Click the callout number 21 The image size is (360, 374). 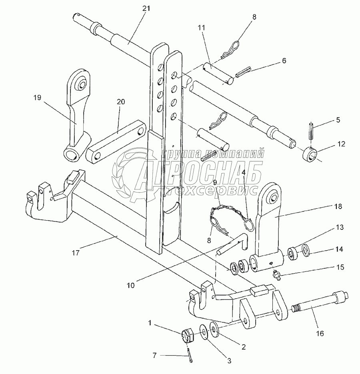pos(146,8)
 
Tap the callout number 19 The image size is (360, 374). pos(38,98)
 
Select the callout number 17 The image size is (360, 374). pos(76,253)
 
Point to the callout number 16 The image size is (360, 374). pos(320,333)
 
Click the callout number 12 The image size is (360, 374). pos(341,144)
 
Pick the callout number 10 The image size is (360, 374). pos(130,285)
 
